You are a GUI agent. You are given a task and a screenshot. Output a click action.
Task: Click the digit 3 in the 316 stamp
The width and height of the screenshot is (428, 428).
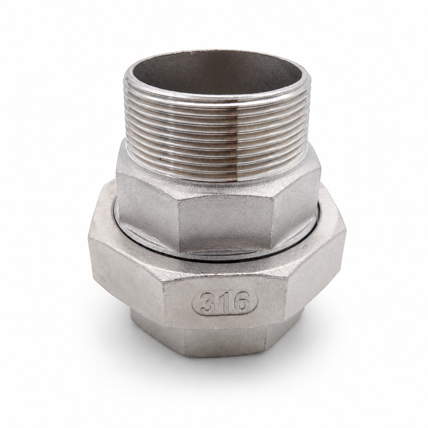pos(207,302)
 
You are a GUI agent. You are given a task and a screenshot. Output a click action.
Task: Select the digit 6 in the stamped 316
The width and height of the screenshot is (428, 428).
pos(241,302)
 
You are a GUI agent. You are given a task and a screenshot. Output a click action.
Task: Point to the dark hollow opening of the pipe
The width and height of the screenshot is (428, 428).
pos(215,73)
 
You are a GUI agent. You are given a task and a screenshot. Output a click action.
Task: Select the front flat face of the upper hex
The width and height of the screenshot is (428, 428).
pos(226,222)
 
